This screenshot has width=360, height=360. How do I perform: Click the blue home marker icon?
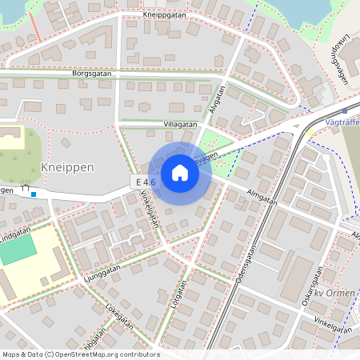click(180, 173)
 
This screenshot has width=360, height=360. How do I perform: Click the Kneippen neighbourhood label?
click(67, 167)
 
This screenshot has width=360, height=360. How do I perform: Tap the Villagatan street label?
click(158, 125)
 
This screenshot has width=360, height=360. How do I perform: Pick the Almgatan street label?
click(262, 197)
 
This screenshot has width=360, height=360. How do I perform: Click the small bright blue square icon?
click(33, 193)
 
